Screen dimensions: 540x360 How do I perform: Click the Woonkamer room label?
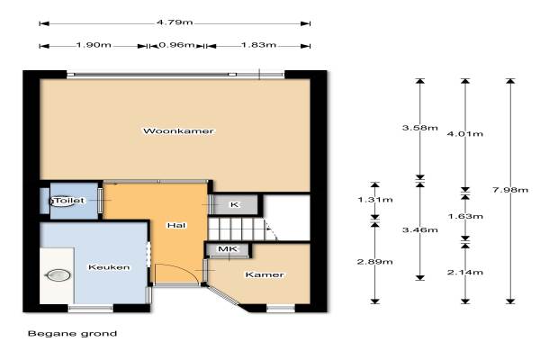click(x=178, y=130)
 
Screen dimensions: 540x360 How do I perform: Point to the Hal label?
click(x=176, y=225)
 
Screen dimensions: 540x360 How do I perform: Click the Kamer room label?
click(x=265, y=274)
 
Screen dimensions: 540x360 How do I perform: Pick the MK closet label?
click(x=228, y=248)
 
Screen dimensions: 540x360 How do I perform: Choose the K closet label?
click(x=234, y=204)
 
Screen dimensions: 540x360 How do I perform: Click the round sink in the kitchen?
click(x=58, y=275)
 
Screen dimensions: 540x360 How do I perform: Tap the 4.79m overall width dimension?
click(x=175, y=22)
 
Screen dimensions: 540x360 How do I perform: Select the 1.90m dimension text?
click(x=94, y=45)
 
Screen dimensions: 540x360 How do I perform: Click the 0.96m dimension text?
click(x=176, y=45)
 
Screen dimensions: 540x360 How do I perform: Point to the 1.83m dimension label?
click(x=258, y=45)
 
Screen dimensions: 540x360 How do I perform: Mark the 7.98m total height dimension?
click(x=510, y=190)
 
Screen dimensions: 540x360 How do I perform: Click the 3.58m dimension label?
click(x=420, y=128)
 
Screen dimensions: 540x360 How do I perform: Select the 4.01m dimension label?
click(x=465, y=134)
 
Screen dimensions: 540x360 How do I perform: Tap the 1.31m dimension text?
click(x=375, y=200)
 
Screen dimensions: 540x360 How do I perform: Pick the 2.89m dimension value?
click(x=375, y=262)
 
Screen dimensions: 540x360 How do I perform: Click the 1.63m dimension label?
click(x=465, y=216)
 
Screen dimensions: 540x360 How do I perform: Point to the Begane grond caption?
click(x=72, y=334)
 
